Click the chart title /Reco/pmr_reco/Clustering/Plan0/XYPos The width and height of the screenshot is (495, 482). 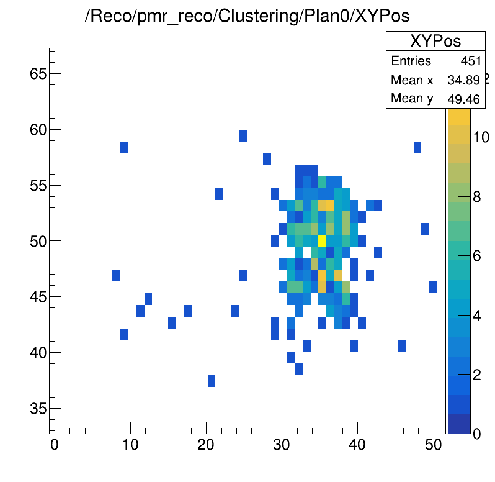click(247, 16)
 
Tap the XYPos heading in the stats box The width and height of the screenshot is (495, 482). click(435, 41)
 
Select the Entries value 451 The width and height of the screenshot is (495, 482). click(471, 61)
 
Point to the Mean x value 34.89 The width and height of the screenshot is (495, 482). click(464, 80)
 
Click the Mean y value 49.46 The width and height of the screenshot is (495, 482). click(464, 99)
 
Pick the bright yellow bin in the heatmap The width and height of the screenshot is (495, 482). click(322, 240)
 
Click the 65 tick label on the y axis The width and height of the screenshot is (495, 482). click(38, 74)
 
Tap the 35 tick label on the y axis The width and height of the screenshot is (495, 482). click(38, 408)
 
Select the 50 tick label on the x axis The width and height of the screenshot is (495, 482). click(433, 445)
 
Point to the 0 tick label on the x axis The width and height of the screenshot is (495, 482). click(55, 445)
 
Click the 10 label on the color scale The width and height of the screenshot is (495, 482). click(481, 137)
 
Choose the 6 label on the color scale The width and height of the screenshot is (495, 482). click(477, 256)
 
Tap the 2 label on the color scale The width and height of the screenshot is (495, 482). click(477, 375)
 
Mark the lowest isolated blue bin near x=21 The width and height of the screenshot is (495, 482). click(212, 381)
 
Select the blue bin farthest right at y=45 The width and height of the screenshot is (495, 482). click(433, 288)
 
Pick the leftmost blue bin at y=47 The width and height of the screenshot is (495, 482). click(116, 276)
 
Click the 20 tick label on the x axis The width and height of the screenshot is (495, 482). click(206, 445)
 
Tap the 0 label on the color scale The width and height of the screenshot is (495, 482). click(477, 434)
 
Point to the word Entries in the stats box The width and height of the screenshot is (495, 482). click(411, 61)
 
